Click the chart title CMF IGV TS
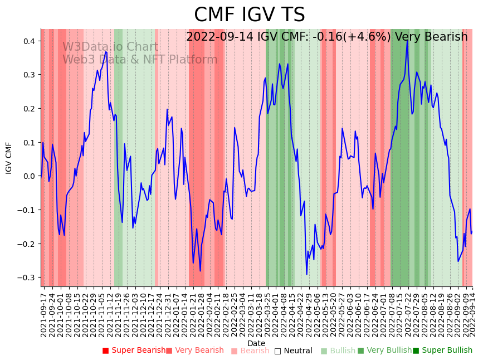249,15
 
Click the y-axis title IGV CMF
9,158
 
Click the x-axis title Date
256,343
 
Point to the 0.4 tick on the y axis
29,41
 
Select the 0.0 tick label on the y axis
29,176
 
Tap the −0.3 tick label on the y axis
27,278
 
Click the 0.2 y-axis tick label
29,109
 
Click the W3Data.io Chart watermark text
110,47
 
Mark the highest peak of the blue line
407,41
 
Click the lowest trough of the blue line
306,274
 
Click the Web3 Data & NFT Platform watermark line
140,60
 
